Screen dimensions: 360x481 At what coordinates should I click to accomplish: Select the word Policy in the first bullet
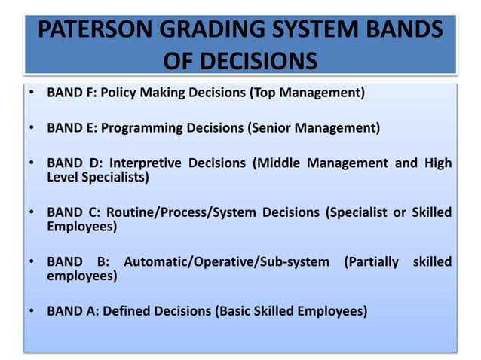[x=125, y=93]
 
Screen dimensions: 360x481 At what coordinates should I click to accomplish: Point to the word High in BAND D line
[x=438, y=163]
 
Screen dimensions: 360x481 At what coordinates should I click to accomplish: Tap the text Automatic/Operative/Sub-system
[x=226, y=262]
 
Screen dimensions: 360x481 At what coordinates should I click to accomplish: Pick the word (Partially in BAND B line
[x=371, y=262]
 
